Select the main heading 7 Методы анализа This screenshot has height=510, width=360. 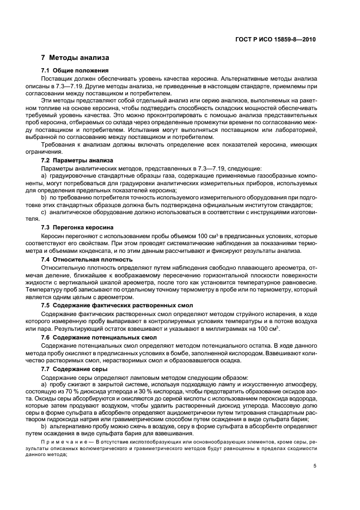(x=75, y=58)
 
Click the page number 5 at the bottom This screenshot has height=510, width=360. (x=315, y=466)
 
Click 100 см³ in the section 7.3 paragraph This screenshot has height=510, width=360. (x=181, y=236)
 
